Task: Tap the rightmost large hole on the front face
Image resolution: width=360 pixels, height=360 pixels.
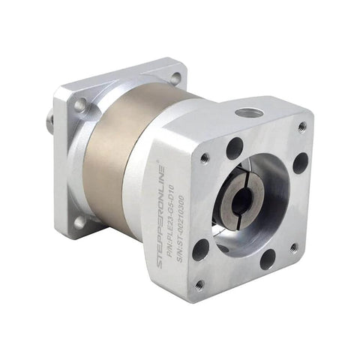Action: point(300,163)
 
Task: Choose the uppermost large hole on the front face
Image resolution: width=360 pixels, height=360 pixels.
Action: point(234,147)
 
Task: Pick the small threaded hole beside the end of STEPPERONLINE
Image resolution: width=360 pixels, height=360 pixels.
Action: point(204,157)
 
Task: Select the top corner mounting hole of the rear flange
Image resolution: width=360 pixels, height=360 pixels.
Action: point(174,77)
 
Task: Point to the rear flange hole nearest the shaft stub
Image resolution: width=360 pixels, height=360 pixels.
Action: point(79,105)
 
